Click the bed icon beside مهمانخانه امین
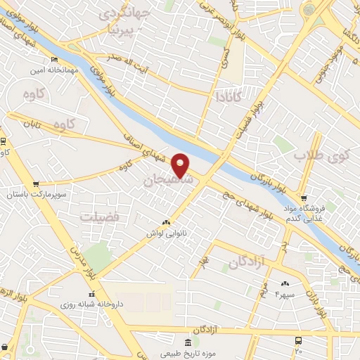click(55, 60)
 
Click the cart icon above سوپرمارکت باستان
click(36, 184)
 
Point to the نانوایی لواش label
click(165, 232)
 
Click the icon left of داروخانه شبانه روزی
click(91, 294)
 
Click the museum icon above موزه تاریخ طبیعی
click(188, 342)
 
